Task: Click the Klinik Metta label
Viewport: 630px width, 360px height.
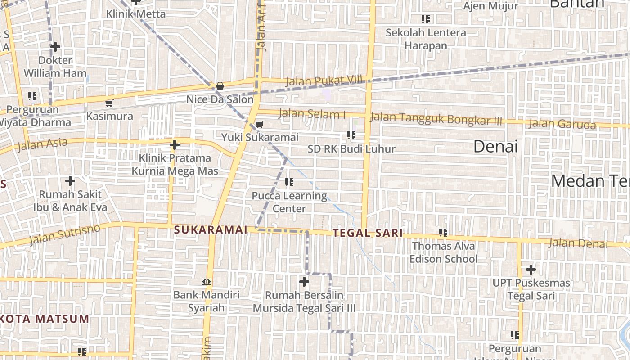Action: [x=136, y=14]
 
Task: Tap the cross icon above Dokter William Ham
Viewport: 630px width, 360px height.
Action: [x=55, y=47]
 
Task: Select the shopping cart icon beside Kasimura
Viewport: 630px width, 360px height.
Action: [x=109, y=103]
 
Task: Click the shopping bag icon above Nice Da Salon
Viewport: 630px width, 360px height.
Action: [x=220, y=85]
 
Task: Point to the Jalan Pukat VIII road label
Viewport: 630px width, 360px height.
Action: [x=324, y=81]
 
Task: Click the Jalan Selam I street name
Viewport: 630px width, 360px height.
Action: [x=312, y=114]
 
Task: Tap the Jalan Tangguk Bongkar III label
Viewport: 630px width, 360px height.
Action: [x=436, y=119]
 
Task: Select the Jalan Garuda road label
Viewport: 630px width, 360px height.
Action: [x=562, y=124]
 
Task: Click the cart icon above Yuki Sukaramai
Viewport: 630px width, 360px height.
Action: [x=259, y=124]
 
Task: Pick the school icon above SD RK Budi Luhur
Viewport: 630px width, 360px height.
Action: [x=351, y=135]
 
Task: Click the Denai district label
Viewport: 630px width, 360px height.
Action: [x=495, y=147]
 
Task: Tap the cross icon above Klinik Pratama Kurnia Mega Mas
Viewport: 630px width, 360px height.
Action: [x=175, y=145]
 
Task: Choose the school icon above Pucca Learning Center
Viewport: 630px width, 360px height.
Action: [x=289, y=182]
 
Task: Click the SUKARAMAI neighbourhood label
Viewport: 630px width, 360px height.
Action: [x=211, y=230]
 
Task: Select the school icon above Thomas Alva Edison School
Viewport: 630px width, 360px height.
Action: [x=443, y=233]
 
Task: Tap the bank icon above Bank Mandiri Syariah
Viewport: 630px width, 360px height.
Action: [x=207, y=282]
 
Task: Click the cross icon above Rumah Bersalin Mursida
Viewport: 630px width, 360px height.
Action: [x=304, y=282]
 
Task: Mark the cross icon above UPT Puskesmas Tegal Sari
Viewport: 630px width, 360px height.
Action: [x=531, y=270]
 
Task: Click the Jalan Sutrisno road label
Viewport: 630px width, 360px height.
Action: [x=64, y=235]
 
